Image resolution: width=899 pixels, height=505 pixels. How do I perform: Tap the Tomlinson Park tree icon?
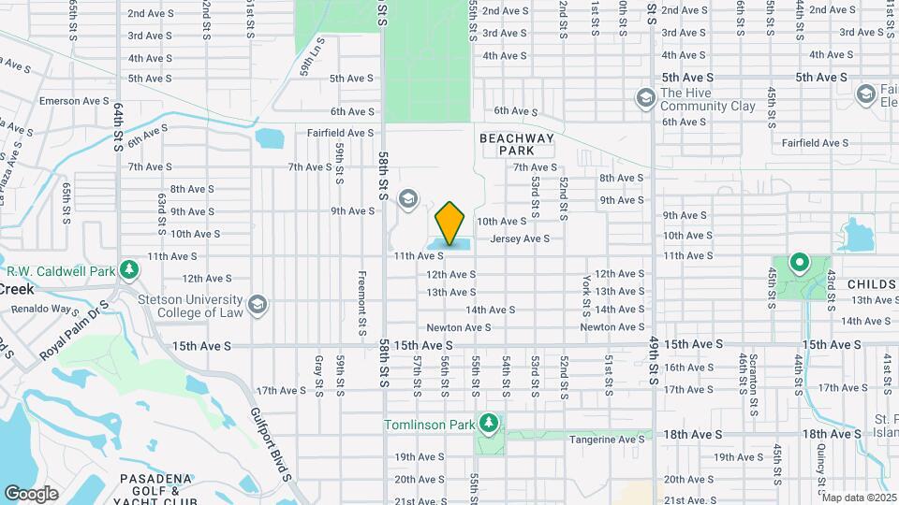488,424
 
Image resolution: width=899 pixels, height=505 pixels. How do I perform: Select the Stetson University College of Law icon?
258,305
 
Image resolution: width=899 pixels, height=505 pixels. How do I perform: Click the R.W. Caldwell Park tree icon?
129,271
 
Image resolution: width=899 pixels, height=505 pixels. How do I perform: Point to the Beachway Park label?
517,144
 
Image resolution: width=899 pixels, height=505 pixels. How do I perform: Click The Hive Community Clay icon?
644,97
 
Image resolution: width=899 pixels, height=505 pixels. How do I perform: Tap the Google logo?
31,493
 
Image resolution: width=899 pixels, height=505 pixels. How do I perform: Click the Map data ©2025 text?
859,498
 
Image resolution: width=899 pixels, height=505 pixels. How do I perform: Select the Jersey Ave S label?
520,238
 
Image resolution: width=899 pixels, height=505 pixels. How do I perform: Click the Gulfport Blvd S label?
272,441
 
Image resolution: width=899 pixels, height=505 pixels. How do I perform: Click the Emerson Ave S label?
75,100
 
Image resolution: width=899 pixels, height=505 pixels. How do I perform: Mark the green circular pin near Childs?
799,262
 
